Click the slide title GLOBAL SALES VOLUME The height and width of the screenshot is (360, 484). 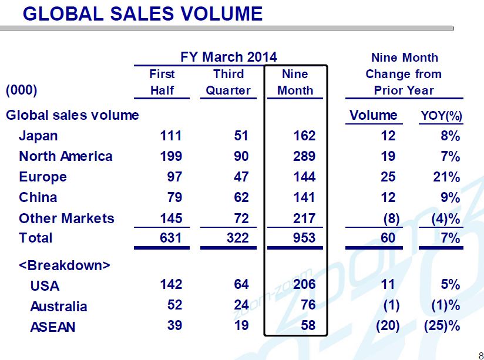142,13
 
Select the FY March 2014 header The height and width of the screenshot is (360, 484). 228,57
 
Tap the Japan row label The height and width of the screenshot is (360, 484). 38,136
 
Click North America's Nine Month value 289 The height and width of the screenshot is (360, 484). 304,156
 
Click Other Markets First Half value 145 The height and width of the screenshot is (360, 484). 171,218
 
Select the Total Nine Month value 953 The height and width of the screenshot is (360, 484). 304,238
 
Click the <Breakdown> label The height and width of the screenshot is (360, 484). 64,265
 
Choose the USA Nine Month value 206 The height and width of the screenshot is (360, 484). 304,285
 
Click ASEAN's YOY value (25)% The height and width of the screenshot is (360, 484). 441,325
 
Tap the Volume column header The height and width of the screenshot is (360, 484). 374,115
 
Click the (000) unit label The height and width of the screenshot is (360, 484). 21,90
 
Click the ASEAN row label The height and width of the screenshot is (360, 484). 53,326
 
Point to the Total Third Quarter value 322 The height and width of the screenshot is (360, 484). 237,238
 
